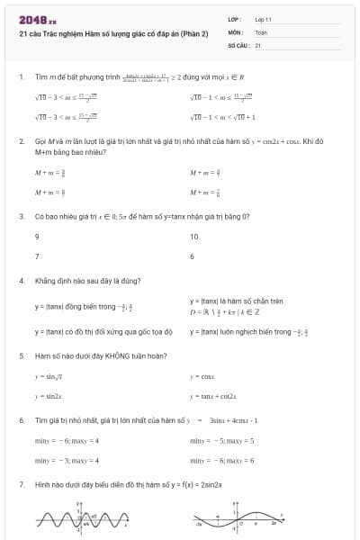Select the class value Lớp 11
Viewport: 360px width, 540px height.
click(x=264, y=19)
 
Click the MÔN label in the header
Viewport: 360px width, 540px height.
click(x=236, y=31)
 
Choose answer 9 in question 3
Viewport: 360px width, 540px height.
click(x=37, y=237)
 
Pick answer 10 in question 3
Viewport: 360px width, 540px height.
click(x=194, y=237)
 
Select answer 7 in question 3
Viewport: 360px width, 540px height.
click(x=37, y=256)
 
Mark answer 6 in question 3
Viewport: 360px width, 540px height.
click(x=193, y=256)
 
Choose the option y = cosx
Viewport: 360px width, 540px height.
click(x=202, y=376)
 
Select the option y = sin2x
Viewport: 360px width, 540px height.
click(x=49, y=396)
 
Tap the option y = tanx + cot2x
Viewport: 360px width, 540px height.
click(x=212, y=396)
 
